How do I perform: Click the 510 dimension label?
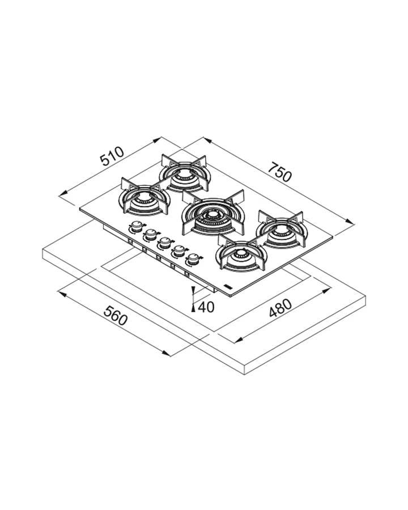click(112, 156)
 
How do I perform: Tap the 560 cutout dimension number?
click(115, 316)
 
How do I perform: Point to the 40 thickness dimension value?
click(206, 307)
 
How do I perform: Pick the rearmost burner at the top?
click(185, 173)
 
